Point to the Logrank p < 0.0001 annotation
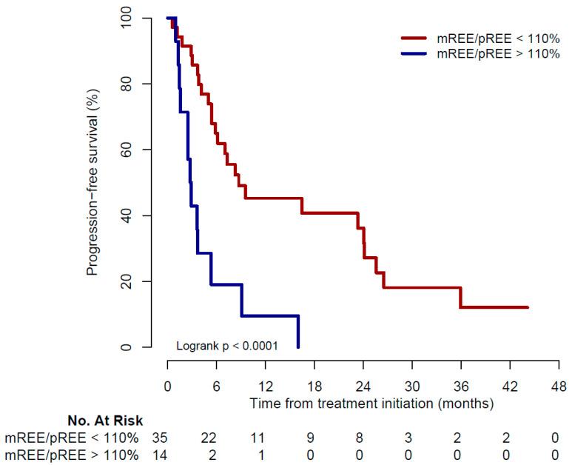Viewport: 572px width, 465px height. click(226, 346)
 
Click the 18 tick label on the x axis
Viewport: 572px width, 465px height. click(314, 387)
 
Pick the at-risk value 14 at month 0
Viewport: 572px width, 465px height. click(159, 454)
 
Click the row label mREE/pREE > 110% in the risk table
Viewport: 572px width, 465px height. click(72, 454)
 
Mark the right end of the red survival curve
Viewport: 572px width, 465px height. click(528, 307)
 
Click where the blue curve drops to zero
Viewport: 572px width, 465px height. click(298, 347)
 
